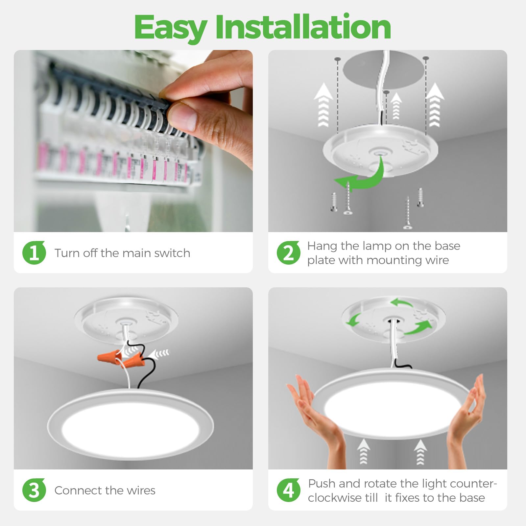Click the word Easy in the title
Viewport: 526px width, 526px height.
pos(170,28)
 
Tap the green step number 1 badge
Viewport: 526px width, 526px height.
pos(34,252)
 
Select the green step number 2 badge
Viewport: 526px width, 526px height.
pos(288,253)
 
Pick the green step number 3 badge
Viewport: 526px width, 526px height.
pos(34,490)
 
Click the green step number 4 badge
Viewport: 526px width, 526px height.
pos(288,490)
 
